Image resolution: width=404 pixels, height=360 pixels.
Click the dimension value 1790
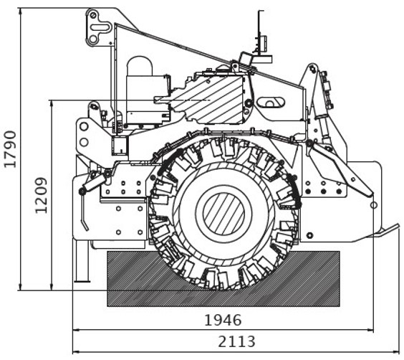click(x=10, y=149)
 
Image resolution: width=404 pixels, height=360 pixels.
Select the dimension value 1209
click(x=42, y=196)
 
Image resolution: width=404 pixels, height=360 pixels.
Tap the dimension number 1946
click(x=223, y=321)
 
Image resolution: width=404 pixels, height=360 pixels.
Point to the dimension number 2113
click(x=236, y=341)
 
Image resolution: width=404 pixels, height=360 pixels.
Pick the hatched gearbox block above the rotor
click(x=208, y=99)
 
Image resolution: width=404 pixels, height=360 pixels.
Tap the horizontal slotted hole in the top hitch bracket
click(x=99, y=27)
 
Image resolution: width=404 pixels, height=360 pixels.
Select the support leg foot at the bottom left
click(x=82, y=280)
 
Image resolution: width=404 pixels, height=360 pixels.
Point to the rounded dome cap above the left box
click(x=140, y=65)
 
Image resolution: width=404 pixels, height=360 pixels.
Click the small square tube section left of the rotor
click(x=120, y=146)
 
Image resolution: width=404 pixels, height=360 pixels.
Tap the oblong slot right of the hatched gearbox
click(x=271, y=103)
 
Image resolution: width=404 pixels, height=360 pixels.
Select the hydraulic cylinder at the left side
click(x=93, y=183)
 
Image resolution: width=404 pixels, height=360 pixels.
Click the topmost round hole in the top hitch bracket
click(x=93, y=15)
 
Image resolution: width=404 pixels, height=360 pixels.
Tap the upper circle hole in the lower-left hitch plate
click(x=84, y=127)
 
